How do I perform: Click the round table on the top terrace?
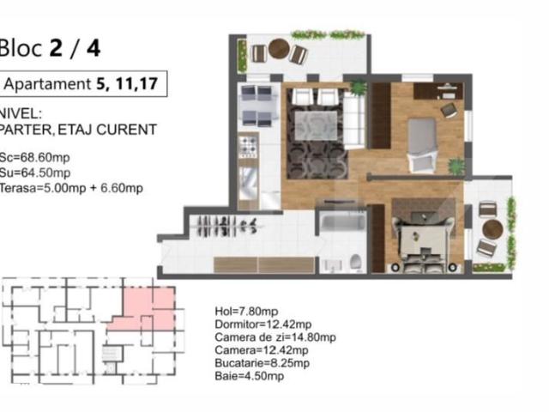278,49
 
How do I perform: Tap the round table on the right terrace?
492,229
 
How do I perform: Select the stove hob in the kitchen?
248,147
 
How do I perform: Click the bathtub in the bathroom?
343,223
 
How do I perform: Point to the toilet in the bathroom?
356,263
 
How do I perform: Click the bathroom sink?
332,265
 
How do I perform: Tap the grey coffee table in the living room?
316,125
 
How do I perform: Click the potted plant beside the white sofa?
358,88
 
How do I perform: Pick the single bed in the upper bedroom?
422,145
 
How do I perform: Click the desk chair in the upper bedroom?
449,110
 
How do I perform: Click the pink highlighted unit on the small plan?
147,310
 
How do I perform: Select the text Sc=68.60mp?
34,157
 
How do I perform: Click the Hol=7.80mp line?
246,311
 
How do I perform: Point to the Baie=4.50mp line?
250,376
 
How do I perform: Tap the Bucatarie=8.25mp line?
262,363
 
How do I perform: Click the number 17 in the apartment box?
148,84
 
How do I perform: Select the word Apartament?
48,84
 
